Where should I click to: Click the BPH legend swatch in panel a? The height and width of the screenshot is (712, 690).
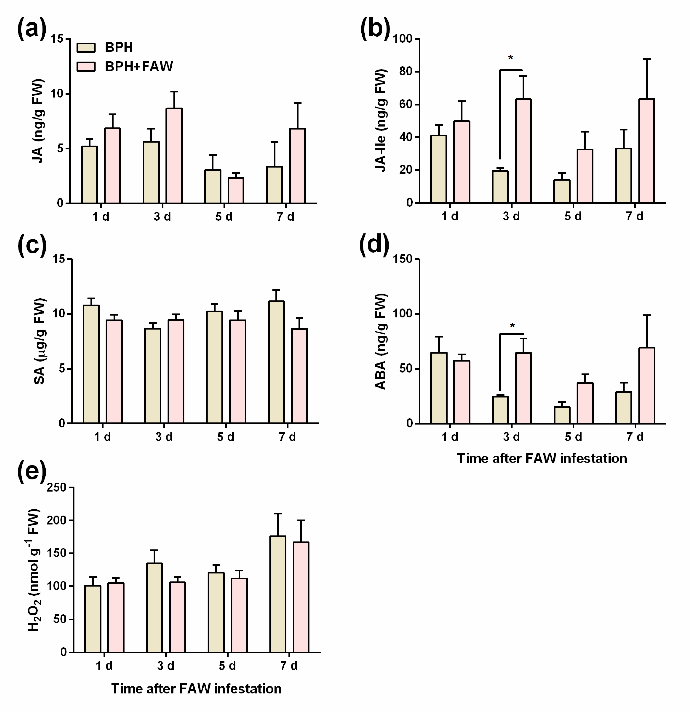pos(86,48)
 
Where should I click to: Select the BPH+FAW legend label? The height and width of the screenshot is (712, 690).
pos(139,66)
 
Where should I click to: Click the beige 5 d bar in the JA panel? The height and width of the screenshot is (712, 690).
pos(213,186)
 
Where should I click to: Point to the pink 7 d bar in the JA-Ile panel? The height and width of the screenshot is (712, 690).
pos(646,151)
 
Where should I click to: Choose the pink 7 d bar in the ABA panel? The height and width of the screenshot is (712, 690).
pos(646,385)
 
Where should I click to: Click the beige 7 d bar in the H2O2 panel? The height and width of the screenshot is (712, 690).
pos(278,594)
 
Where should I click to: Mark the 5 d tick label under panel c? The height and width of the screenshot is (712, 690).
pos(226,437)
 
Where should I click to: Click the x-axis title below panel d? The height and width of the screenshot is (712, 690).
pos(542,459)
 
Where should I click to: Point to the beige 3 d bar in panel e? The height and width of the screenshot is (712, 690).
pos(154,607)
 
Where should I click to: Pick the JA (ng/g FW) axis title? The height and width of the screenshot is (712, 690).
pos(39,121)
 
